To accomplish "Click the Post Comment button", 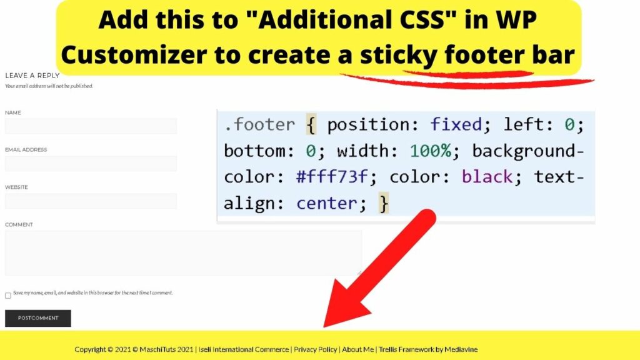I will click(x=38, y=318).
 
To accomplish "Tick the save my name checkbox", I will click(x=8, y=296).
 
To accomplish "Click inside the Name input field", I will click(x=91, y=126).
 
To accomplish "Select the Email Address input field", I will click(x=91, y=164).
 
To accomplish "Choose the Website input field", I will click(x=91, y=201).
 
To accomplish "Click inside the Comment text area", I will click(x=183, y=253).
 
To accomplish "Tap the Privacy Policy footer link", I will click(x=316, y=349).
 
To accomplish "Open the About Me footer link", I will click(x=358, y=349).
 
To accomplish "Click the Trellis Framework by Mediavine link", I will click(x=428, y=349).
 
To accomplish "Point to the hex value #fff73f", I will click(x=332, y=177).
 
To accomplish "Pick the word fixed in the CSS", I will click(x=456, y=125).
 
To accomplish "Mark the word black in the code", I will click(x=487, y=177).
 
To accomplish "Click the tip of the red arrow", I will click(x=324, y=326).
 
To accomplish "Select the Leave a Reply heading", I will click(x=32, y=76).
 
